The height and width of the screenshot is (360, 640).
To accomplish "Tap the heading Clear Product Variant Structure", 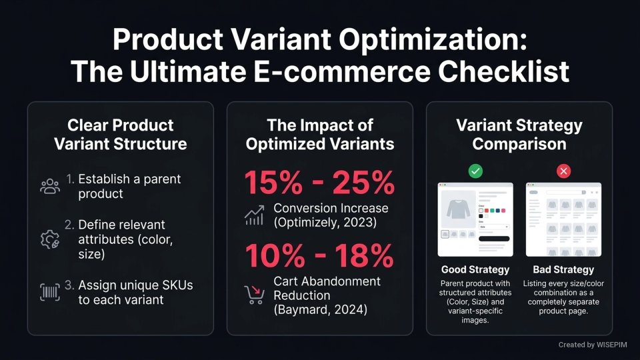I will pos(120,134).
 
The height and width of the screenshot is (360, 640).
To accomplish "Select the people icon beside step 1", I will pos(50,187).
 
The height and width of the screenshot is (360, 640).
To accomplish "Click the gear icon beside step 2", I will pos(50,240).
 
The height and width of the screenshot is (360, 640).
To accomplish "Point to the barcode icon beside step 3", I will pos(50,292).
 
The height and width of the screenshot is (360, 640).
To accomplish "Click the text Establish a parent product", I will pos(129,187).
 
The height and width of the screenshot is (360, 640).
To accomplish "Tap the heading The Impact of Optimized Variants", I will pos(320,134).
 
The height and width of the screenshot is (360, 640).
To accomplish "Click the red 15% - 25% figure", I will pos(320,181).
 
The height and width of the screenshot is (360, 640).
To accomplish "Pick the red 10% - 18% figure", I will pos(320,256).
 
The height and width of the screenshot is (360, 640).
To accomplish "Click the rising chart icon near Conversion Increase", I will pos(254,215).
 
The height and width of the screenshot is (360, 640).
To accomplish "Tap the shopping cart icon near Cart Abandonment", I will pos(254,295).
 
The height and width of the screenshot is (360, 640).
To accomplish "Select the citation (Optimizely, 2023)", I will pos(320,222).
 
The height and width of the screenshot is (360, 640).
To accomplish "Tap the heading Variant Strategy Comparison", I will pos(519,134).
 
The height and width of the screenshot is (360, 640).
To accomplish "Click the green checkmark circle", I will pos(475,171).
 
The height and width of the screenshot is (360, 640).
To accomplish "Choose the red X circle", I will pos(563,171).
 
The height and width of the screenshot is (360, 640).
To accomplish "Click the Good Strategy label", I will pos(475,270).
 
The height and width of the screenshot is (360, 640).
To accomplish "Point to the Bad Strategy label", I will pos(563,270).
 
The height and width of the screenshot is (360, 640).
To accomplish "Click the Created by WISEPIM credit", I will pos(591,345).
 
